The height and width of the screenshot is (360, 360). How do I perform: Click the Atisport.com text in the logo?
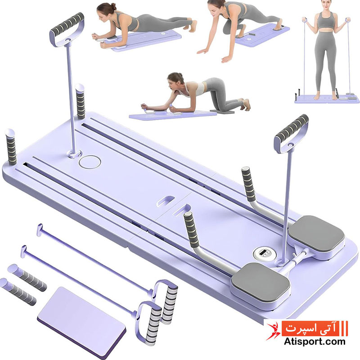[x=315, y=342]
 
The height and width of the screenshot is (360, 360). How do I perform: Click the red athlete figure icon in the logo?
[x=273, y=331]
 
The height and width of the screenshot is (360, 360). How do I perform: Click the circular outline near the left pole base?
[x=90, y=162]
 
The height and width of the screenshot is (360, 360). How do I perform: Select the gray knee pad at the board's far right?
[x=317, y=233]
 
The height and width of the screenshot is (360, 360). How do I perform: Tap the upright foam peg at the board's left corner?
[x=11, y=147]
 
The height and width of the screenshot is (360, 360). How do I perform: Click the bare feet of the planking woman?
[x=193, y=23]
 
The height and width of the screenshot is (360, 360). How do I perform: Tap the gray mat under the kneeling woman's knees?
[x=222, y=111]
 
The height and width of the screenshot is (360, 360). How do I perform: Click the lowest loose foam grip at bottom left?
[x=18, y=292]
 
